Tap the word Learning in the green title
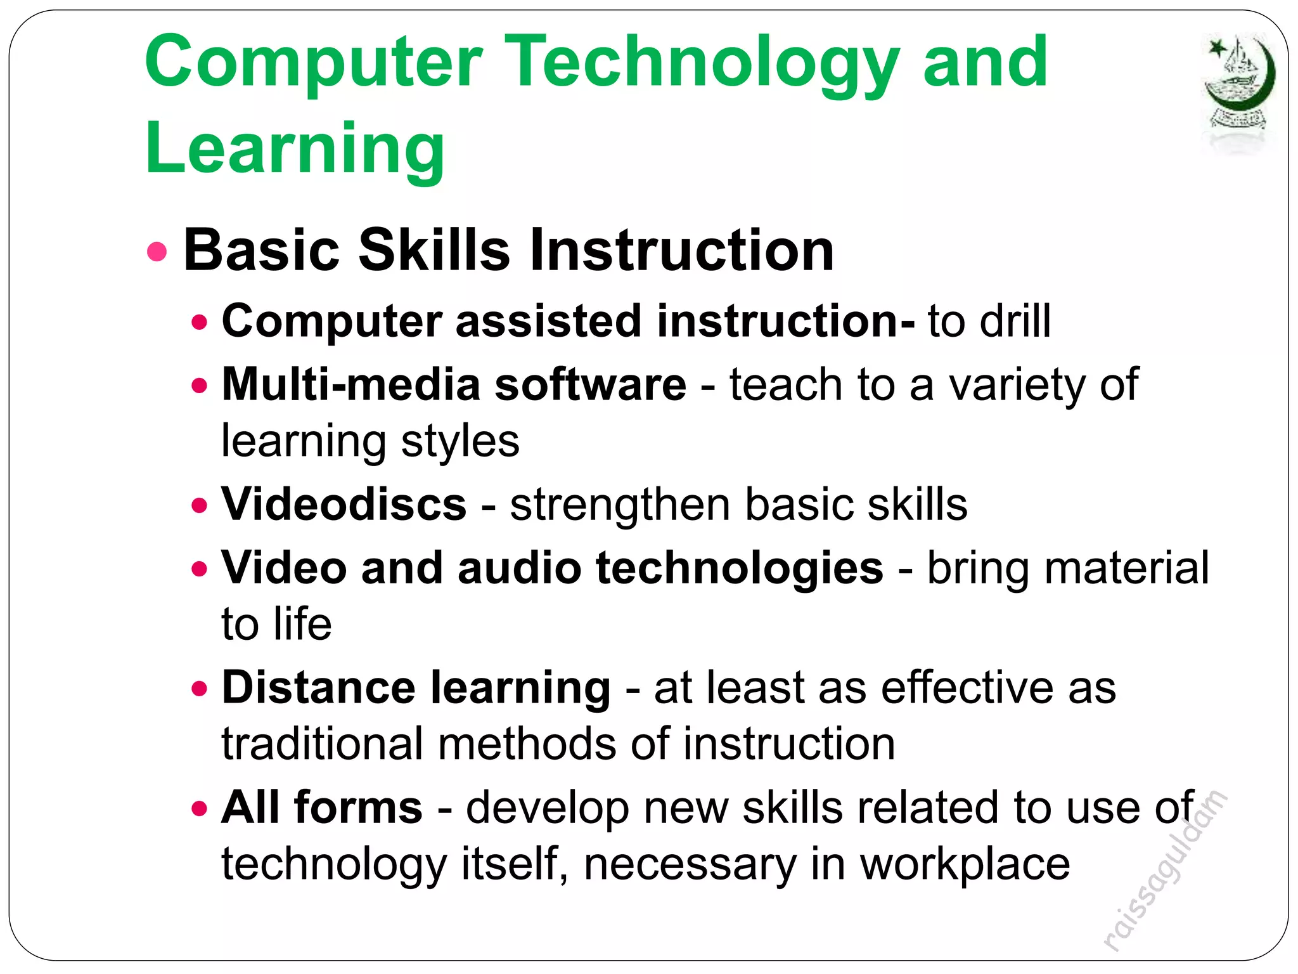coord(295,149)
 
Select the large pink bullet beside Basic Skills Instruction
coord(157,251)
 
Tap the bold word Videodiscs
coord(344,505)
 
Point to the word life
coord(303,624)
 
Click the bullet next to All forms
coord(200,808)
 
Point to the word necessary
coord(690,864)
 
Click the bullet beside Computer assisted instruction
coord(200,322)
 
